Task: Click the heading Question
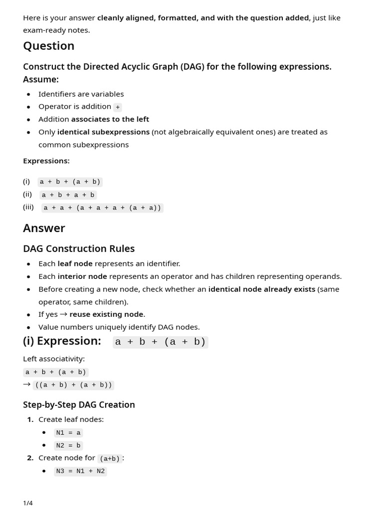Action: point(48,46)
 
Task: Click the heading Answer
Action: point(44,228)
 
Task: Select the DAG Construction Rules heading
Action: point(79,249)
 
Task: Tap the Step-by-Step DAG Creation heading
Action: point(79,404)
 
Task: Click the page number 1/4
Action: point(28,503)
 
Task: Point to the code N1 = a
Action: point(68,433)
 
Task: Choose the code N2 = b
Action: point(68,446)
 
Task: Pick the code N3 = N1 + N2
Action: point(80,471)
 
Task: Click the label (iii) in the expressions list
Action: point(28,207)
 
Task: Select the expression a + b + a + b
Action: point(68,195)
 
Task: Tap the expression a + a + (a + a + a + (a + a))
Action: point(102,208)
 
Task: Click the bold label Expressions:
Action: point(46,161)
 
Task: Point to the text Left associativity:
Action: point(54,359)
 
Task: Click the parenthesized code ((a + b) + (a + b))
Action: point(74,385)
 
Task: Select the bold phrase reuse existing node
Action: point(107,314)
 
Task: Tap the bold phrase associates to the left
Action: point(110,119)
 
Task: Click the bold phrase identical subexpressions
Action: point(103,132)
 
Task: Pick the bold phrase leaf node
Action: point(75,263)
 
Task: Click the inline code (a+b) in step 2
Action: point(110,459)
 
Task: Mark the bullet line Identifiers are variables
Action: point(81,94)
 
